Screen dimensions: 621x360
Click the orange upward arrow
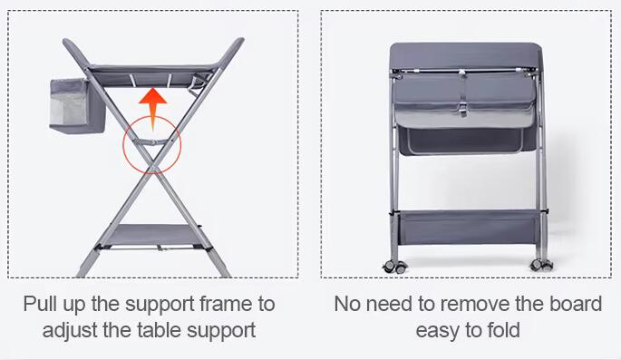(x=153, y=108)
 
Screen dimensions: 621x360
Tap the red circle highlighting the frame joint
(x=123, y=145)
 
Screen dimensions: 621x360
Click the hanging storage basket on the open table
(x=77, y=105)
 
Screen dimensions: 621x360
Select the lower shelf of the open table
(x=154, y=235)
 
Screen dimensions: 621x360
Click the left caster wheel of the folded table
(x=395, y=267)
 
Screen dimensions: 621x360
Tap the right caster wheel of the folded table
(x=541, y=265)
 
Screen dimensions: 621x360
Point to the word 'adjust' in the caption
(x=70, y=331)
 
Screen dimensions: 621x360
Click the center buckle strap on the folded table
(x=463, y=94)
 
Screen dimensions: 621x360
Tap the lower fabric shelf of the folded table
(x=468, y=228)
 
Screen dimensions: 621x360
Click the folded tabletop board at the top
(x=465, y=55)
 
